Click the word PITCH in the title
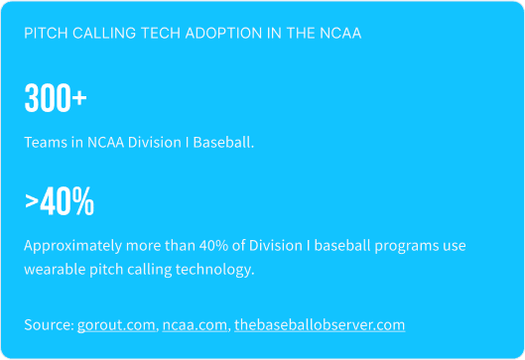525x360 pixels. [44, 33]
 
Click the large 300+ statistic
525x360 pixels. [55, 99]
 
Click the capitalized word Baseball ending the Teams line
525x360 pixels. [224, 142]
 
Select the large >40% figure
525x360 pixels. [60, 202]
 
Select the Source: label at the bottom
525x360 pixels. [49, 324]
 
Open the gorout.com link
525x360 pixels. [115, 324]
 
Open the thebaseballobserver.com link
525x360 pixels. [320, 324]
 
